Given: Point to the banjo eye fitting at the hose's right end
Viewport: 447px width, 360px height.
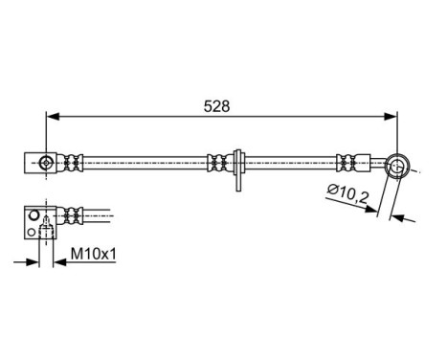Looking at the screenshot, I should [x=396, y=169].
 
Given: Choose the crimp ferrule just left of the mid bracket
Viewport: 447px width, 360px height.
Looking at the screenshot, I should [x=216, y=164].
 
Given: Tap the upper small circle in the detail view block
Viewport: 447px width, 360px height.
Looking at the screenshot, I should [x=33, y=216].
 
